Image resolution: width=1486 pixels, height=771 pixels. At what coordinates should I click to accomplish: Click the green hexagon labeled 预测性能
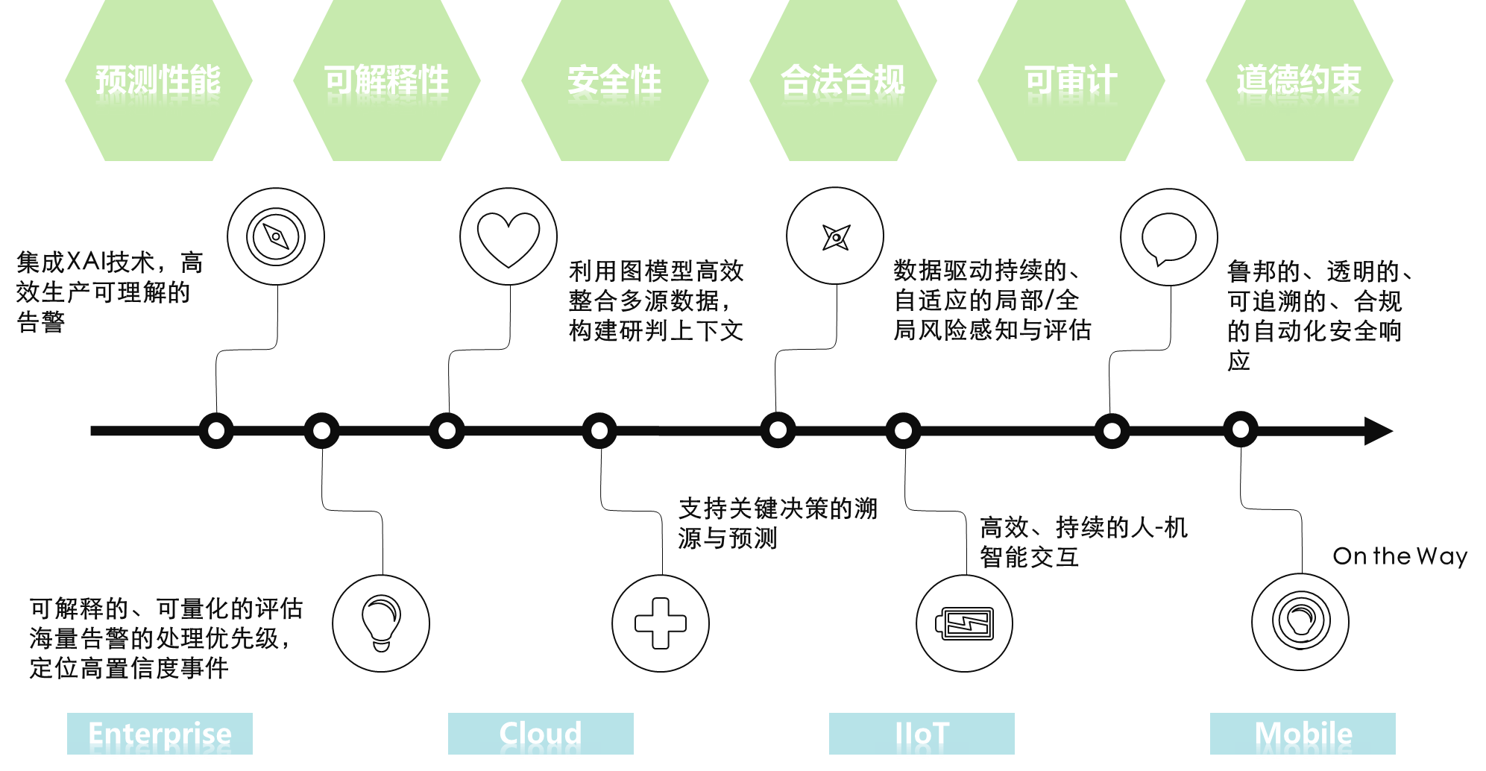(x=158, y=81)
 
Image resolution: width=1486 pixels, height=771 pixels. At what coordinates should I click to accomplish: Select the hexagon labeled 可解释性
(x=386, y=81)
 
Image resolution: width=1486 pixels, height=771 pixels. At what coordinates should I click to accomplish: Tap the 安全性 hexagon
(x=614, y=81)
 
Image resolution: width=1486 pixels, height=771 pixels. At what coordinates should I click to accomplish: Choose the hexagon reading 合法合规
(x=843, y=81)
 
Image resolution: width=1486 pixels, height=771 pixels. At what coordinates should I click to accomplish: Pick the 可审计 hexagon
(x=1071, y=81)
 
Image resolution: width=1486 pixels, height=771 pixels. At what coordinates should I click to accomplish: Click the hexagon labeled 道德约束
(x=1299, y=81)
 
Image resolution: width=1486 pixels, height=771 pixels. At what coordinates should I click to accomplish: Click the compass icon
(x=276, y=237)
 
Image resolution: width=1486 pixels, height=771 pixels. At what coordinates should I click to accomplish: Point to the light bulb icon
(x=381, y=623)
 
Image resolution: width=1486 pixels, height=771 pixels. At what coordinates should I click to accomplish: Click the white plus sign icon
(x=661, y=623)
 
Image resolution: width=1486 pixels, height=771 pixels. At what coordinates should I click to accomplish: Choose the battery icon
(x=964, y=623)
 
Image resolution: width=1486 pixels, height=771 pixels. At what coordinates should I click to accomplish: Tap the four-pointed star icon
(x=836, y=237)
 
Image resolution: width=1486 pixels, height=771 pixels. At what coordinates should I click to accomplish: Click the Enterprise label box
(x=160, y=734)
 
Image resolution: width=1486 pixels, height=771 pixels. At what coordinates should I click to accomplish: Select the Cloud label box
(x=541, y=734)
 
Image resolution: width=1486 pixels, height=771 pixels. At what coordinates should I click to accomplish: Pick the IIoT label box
(x=922, y=734)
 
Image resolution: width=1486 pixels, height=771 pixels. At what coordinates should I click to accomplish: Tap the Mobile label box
(x=1303, y=734)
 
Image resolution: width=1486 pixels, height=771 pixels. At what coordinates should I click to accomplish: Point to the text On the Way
(x=1400, y=556)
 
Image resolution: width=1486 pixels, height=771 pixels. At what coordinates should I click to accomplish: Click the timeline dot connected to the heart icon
(x=447, y=431)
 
